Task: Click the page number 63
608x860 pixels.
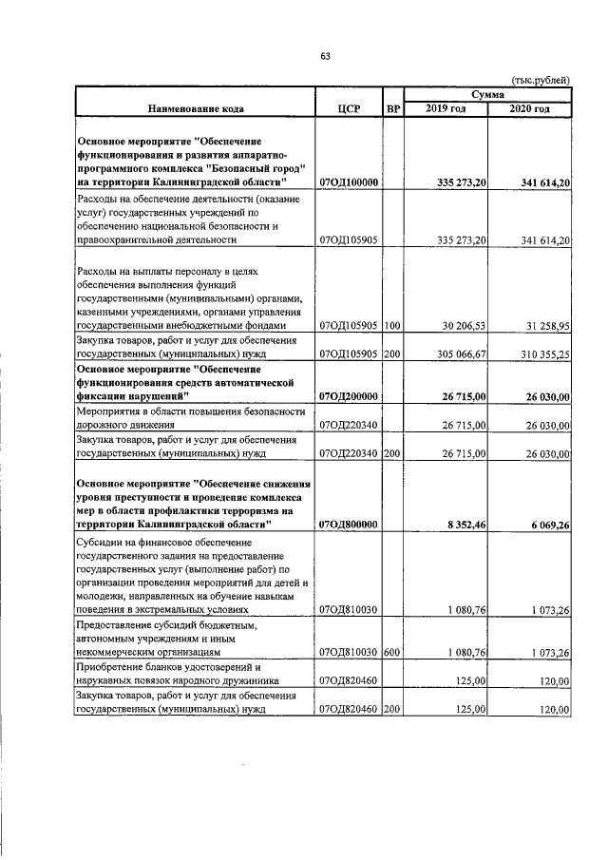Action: point(324,57)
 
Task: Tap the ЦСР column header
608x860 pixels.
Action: point(348,109)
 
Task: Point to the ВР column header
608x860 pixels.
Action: point(393,109)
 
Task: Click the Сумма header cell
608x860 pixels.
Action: point(486,95)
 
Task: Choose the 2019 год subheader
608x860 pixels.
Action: point(446,109)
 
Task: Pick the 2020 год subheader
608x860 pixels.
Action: point(529,109)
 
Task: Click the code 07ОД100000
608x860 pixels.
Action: point(350,182)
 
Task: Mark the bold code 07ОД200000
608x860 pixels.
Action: point(350,396)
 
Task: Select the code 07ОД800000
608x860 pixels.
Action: point(350,523)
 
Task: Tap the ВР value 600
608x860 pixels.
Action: point(392,652)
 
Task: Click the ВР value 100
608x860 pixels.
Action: point(392,326)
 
